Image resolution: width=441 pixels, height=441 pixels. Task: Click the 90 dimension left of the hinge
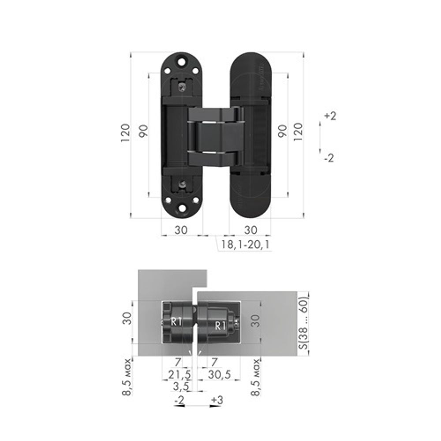143,131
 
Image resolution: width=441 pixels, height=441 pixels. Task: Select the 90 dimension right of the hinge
282,131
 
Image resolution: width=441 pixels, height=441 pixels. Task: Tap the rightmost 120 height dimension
298,131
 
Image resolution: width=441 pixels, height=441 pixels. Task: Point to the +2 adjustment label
330,116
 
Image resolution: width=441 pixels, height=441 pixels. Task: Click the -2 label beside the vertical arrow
329,157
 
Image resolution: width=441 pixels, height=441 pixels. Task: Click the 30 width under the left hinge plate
181,230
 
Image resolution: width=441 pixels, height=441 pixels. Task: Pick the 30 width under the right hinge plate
250,230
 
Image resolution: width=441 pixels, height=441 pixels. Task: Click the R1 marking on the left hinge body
176,321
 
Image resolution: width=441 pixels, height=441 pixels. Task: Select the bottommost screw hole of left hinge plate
181,209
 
